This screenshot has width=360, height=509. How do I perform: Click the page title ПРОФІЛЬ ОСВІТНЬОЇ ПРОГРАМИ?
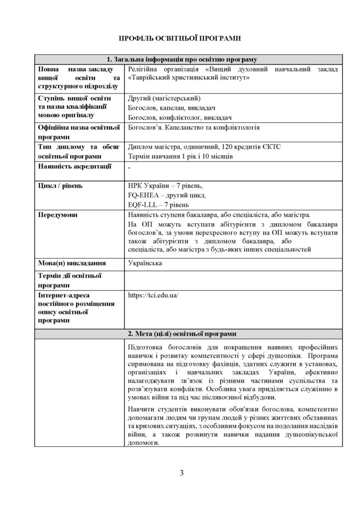pyautogui.click(x=180, y=38)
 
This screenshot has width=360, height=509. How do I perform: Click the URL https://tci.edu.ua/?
pyautogui.click(x=153, y=295)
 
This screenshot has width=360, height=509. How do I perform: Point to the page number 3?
pyautogui.click(x=181, y=473)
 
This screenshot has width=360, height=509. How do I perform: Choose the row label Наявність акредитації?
pyautogui.click(x=75, y=166)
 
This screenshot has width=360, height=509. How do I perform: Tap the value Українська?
pyautogui.click(x=145, y=263)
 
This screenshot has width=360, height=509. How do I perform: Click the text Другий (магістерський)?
pyautogui.click(x=164, y=98)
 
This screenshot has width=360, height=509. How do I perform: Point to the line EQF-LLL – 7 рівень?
pyautogui.click(x=158, y=205)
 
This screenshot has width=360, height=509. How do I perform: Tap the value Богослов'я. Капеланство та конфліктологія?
pyautogui.click(x=193, y=127)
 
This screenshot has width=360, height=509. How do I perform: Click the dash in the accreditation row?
pyautogui.click(x=129, y=169)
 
